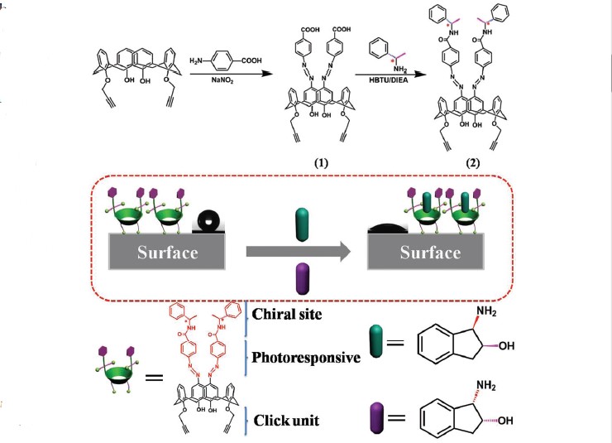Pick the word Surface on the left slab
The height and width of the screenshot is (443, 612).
170,253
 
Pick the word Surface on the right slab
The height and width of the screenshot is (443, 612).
431,253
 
